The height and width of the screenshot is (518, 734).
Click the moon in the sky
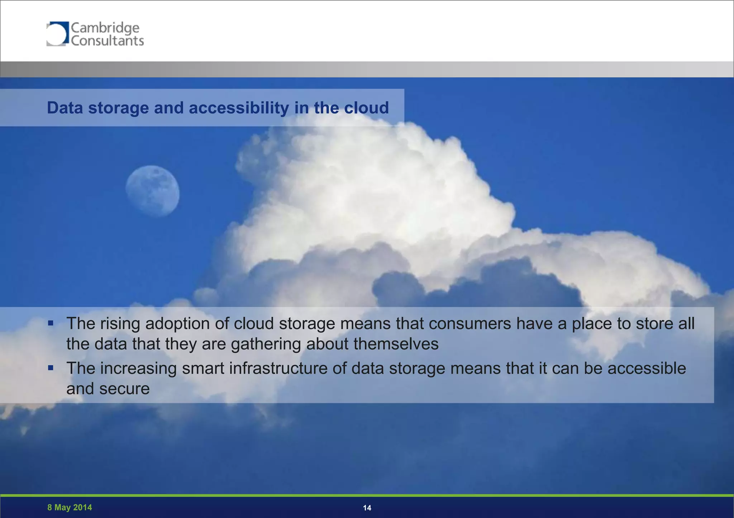[153, 191]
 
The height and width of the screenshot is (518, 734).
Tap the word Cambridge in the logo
[105, 28]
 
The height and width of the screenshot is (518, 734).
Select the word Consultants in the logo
[107, 41]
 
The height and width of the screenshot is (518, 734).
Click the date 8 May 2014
[70, 507]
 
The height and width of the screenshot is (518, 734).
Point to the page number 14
[367, 508]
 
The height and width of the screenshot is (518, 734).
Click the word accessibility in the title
[239, 108]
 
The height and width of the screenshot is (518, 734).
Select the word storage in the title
[118, 108]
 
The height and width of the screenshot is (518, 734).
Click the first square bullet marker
[51, 323]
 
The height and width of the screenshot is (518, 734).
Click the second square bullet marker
[51, 368]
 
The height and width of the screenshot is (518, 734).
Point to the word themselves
[396, 344]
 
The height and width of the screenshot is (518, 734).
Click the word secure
[124, 389]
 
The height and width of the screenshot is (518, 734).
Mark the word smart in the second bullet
[203, 369]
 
